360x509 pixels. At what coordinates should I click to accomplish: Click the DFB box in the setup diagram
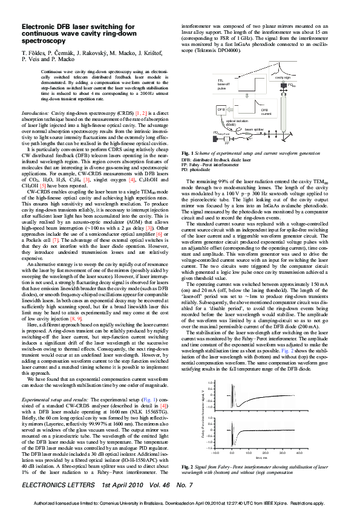tap(221, 109)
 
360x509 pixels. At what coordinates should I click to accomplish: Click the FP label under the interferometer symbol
tap(226, 144)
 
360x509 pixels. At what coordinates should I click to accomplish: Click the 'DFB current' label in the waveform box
tap(264, 111)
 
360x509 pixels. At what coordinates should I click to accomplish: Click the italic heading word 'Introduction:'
tap(36, 113)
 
